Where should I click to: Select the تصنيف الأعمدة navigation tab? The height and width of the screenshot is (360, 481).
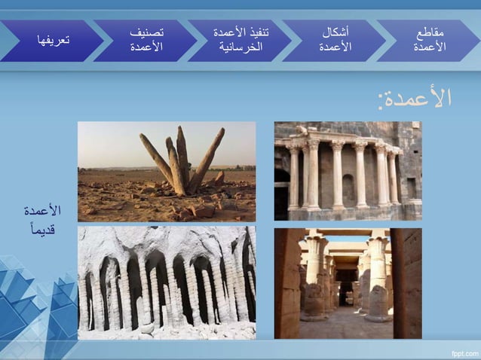pos(147,41)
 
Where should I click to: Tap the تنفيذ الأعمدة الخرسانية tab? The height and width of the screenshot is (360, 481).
pos(240,41)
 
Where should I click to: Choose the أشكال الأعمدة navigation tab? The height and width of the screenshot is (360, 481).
pos(335,41)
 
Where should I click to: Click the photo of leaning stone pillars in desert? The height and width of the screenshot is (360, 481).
pos(167,171)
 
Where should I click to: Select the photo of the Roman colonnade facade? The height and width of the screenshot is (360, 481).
pos(348,171)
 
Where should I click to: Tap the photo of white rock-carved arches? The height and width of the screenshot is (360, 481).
pos(167,283)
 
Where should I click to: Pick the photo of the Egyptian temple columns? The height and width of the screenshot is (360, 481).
pos(348,283)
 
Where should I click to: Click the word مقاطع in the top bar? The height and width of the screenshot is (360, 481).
pos(430,33)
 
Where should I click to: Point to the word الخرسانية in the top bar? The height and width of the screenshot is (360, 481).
pos(240,48)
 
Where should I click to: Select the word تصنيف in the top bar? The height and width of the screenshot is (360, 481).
pos(148,33)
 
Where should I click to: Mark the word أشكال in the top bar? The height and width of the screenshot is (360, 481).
pos(335,33)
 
